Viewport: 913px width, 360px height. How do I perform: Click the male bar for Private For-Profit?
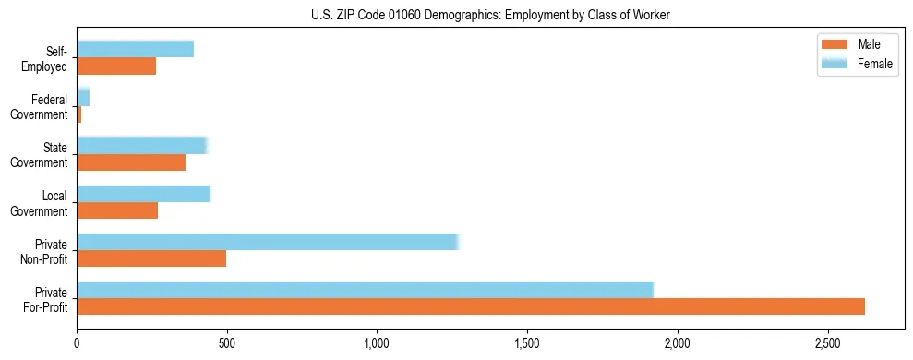[x=471, y=306]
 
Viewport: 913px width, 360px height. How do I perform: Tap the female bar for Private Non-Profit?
[x=268, y=242]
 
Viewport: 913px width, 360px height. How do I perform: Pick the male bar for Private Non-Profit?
[x=151, y=258]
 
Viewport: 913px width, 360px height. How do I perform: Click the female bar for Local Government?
[x=144, y=194]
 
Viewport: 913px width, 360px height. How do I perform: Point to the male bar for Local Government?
[x=117, y=210]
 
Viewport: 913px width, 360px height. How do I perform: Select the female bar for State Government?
[x=142, y=145]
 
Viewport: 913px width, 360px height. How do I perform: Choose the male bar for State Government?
[x=131, y=162]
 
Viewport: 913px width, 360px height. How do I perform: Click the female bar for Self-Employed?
[x=136, y=49]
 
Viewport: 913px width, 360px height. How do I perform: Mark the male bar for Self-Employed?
[x=116, y=66]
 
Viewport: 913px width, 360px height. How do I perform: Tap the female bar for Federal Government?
[x=83, y=98]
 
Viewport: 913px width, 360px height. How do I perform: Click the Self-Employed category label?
[x=49, y=59]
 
